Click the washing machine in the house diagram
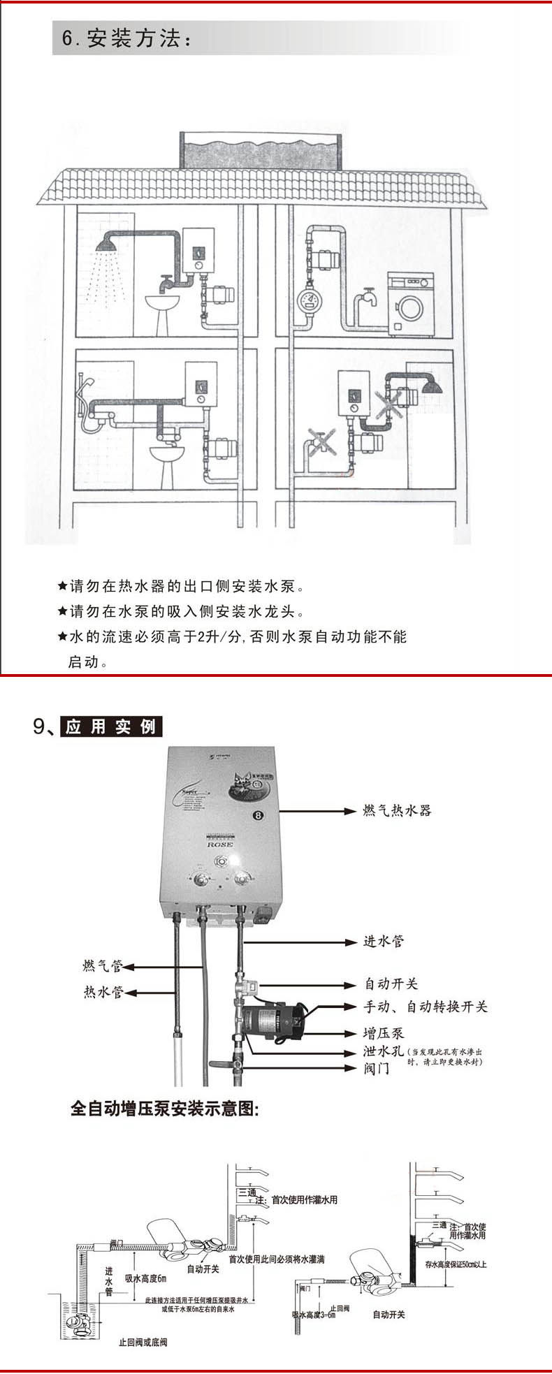point(410,305)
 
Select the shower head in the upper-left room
point(107,245)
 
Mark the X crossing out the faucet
point(320,442)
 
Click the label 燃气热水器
point(397,810)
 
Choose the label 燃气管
point(103,966)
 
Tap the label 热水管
point(103,992)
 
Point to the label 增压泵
point(383,1033)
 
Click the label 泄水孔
point(383,1051)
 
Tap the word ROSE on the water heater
point(220,844)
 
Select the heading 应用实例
point(111,726)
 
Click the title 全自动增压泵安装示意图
point(165,1109)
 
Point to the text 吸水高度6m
point(145,1279)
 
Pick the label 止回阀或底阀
point(143,1343)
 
